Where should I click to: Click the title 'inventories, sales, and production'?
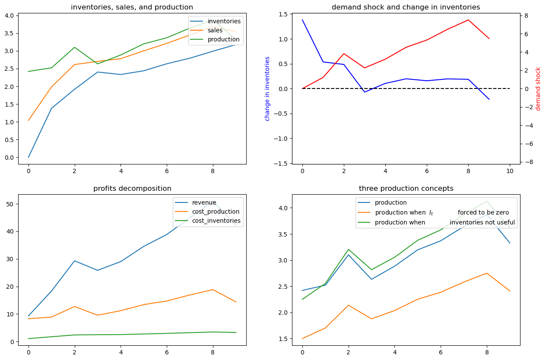[132, 7]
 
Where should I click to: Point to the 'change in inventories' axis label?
[267, 88]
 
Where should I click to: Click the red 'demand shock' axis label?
[538, 89]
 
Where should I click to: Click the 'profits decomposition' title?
[132, 189]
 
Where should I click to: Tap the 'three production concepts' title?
[406, 189]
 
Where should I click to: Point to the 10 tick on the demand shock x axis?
[510, 171]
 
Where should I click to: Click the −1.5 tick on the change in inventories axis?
[281, 164]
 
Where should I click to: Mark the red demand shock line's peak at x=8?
[468, 20]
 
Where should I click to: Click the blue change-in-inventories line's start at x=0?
[302, 20]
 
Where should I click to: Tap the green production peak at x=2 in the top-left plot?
[75, 47]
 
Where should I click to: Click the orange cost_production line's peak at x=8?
[213, 290]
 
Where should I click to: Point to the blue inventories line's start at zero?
[29, 158]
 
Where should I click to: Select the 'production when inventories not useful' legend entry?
[436, 222]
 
